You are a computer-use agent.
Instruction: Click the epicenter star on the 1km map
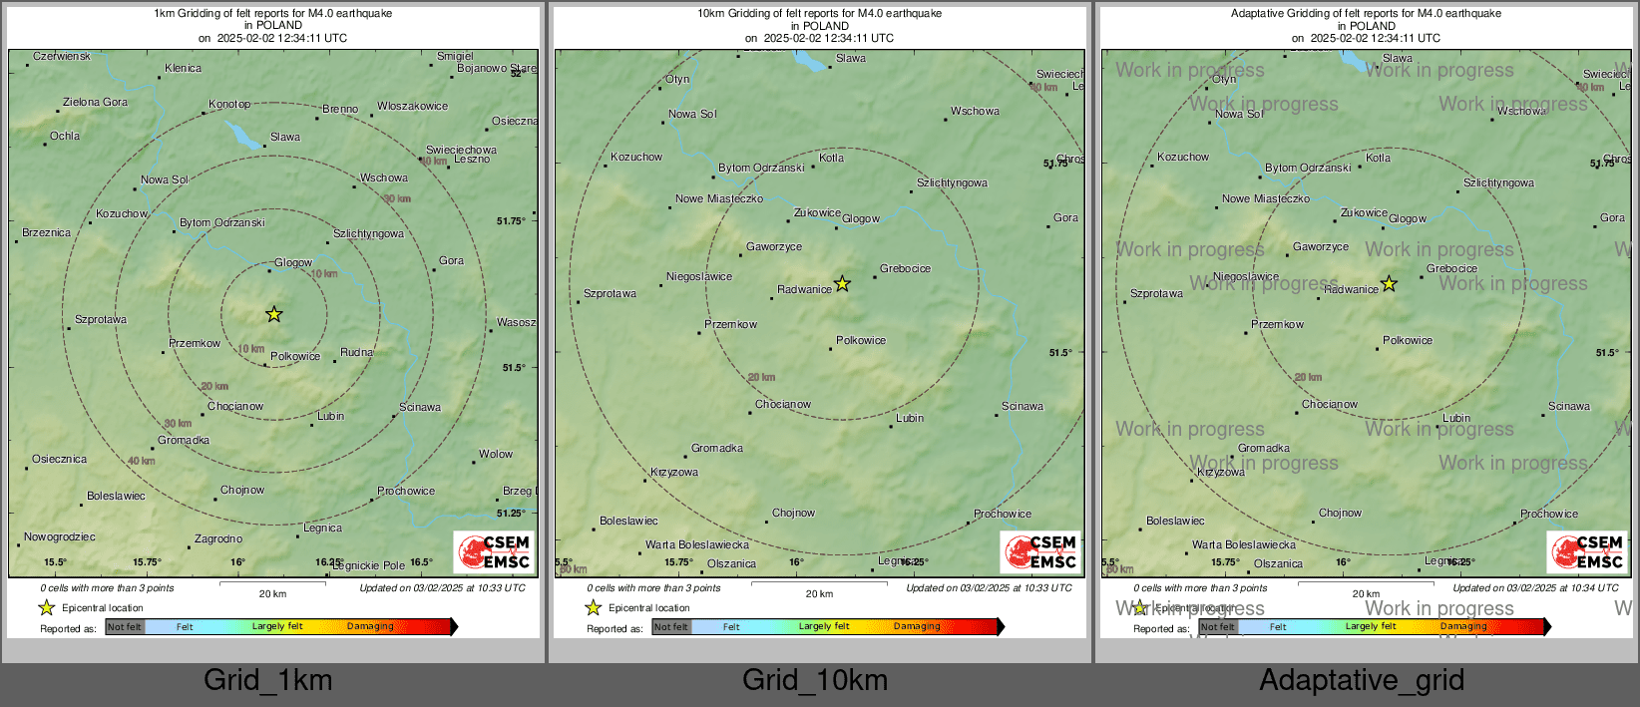tap(274, 314)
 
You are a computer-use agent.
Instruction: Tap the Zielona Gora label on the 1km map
tap(95, 102)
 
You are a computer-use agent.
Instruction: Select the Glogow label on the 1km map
tap(293, 262)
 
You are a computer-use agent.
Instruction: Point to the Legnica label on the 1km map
tap(322, 528)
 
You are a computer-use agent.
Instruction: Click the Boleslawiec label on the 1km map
tap(116, 496)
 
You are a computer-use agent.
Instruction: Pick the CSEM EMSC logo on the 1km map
tap(495, 552)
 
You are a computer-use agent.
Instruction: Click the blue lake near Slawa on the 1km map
tap(241, 134)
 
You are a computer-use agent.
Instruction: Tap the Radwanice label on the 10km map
tap(804, 289)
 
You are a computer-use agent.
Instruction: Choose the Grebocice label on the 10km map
tap(905, 268)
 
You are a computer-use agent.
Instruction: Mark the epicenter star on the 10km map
tap(842, 284)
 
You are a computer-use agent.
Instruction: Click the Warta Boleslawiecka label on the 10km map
tap(696, 544)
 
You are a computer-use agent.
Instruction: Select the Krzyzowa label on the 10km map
tap(674, 472)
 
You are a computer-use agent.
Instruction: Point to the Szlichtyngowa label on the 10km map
tap(952, 182)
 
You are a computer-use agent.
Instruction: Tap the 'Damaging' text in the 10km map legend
tap(917, 626)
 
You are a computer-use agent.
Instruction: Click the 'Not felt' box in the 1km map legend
tap(125, 626)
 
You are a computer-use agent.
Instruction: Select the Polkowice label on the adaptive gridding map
tap(1407, 340)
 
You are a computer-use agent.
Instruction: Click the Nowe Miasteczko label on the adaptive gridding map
tap(1266, 198)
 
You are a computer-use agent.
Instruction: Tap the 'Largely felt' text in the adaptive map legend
tap(1371, 626)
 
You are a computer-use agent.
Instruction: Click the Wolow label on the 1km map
tap(496, 454)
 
